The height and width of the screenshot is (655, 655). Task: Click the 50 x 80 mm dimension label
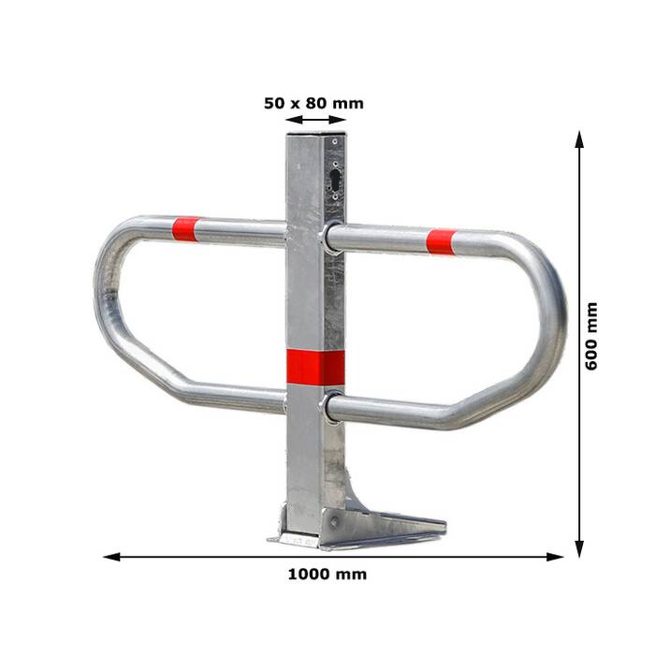coord(313,103)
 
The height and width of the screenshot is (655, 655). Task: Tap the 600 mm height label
coord(591,336)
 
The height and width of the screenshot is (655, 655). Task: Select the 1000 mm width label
coord(327,575)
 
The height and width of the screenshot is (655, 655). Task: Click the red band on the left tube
coord(185,229)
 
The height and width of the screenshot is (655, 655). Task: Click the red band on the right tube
coord(441,241)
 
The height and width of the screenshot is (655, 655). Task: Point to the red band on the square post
coord(316,367)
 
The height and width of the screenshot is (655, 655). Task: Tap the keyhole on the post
coord(335,180)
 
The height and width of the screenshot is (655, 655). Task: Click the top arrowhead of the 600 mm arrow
coord(579,139)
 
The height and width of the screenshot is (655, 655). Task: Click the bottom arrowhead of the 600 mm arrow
coord(579,548)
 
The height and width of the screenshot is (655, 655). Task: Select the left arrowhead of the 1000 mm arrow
coord(112,557)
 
